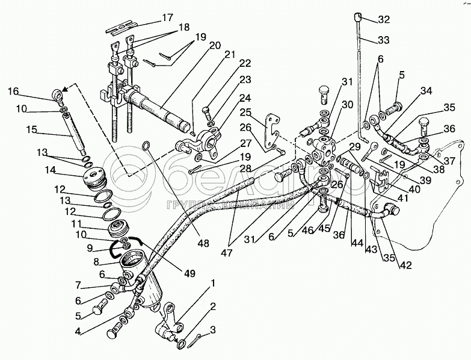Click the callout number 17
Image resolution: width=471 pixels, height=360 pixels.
pyautogui.click(x=168, y=17)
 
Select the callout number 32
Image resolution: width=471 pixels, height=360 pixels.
pyautogui.click(x=384, y=19)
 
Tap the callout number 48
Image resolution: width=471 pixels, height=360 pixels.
pyautogui.click(x=203, y=243)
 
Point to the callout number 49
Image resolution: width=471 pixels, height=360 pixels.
pyautogui.click(x=189, y=273)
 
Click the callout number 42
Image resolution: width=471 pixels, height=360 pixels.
pyautogui.click(x=405, y=265)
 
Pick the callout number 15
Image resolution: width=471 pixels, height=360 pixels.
pyautogui.click(x=31, y=129)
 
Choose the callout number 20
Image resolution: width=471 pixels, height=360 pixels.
pyautogui.click(x=215, y=45)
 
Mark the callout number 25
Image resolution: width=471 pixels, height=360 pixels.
pyautogui.click(x=245, y=113)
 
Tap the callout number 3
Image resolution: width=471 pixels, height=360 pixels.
pyautogui.click(x=213, y=331)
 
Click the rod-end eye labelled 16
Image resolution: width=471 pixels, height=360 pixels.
pyautogui.click(x=59, y=94)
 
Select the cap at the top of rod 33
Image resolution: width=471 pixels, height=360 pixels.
pyautogui.click(x=357, y=15)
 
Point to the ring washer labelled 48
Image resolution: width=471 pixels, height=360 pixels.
pyautogui.click(x=146, y=146)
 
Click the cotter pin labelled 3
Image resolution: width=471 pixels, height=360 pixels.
pyautogui.click(x=195, y=341)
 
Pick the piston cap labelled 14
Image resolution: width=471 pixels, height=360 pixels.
pyautogui.click(x=93, y=179)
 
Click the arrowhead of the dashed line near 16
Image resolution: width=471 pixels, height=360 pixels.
pyautogui.click(x=64, y=87)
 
